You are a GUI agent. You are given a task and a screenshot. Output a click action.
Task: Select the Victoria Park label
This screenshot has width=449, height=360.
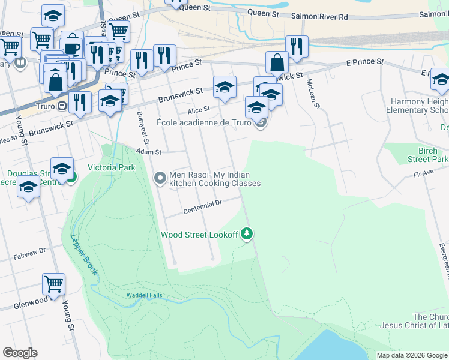(x=112, y=167)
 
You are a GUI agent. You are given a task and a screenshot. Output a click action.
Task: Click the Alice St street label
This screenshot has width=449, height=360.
(x=198, y=109)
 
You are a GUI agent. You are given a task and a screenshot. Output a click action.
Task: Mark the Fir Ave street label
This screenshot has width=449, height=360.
(x=423, y=173)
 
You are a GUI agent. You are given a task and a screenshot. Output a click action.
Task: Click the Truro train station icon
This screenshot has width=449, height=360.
(x=61, y=106)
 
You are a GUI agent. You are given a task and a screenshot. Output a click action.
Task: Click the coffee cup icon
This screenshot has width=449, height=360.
(x=72, y=47)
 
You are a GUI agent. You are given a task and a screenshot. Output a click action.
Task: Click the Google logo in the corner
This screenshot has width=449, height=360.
(x=20, y=353)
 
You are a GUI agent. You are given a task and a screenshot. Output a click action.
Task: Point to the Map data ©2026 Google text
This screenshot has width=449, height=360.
(x=412, y=355)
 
